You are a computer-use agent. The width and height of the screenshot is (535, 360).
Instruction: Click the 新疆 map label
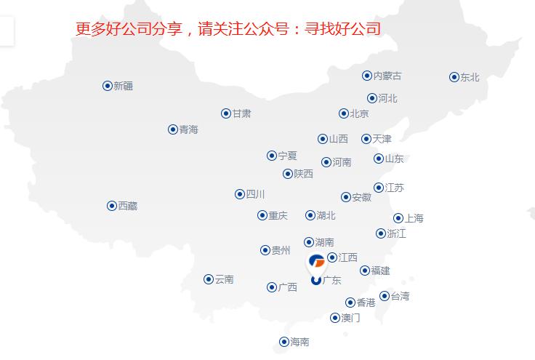(x=123, y=86)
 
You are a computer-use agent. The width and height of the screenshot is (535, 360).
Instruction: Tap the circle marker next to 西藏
(x=112, y=206)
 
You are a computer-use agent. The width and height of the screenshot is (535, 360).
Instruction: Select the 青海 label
(x=188, y=129)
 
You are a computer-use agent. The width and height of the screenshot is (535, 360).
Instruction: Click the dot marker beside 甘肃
(x=226, y=113)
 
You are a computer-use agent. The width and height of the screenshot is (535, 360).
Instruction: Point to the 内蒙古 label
(x=387, y=76)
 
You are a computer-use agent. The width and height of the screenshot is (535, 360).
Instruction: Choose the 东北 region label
(x=470, y=77)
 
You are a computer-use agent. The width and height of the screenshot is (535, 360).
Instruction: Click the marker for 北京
(x=344, y=113)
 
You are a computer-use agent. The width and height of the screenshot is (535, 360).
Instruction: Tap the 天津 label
(x=382, y=139)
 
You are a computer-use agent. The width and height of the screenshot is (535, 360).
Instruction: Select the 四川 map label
(x=255, y=194)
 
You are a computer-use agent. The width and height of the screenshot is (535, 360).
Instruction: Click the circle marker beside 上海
(x=398, y=218)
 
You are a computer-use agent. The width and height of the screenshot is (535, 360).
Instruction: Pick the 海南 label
(x=299, y=342)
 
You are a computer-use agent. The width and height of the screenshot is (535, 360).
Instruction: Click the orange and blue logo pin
(x=317, y=262)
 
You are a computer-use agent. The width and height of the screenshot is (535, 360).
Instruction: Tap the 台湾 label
(x=400, y=296)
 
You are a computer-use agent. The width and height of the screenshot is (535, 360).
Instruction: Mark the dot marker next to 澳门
(x=335, y=318)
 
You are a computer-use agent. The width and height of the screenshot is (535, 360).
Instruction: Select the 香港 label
(x=366, y=303)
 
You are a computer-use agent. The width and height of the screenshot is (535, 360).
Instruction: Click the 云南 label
(x=224, y=279)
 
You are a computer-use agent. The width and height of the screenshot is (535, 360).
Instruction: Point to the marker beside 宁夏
(x=272, y=156)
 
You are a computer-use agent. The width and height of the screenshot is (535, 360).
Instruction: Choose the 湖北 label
(x=326, y=215)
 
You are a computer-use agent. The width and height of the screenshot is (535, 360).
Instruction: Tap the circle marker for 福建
(x=365, y=271)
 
